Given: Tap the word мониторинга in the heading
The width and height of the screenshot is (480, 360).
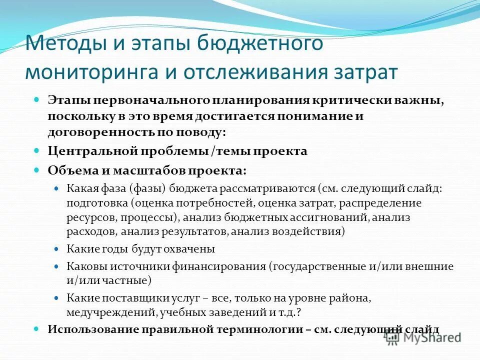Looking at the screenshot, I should pos(92,72).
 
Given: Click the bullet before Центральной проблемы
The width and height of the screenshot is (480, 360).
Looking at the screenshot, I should pos(36,150).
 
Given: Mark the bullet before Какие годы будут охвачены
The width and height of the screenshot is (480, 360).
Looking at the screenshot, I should pos(56,248).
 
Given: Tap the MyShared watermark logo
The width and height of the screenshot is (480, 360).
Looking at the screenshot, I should pos(423,337).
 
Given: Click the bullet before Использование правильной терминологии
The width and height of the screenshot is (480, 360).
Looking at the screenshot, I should pos(36,328).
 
